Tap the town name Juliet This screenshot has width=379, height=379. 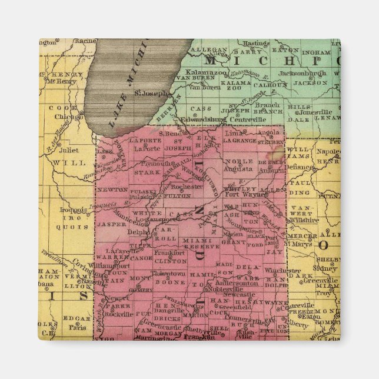point(69,150)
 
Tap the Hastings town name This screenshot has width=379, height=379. point(256,43)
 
